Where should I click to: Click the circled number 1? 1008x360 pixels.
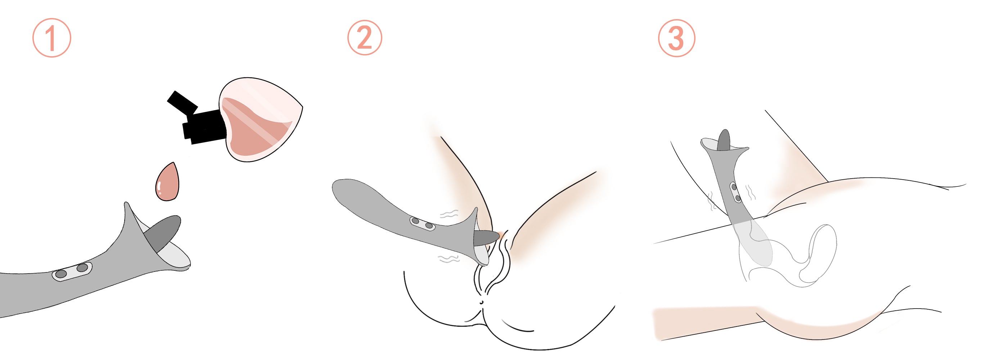[x=51, y=37]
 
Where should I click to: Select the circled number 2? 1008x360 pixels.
[x=365, y=37]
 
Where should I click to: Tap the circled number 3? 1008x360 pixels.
[x=676, y=38]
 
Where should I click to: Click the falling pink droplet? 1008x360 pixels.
[x=167, y=182]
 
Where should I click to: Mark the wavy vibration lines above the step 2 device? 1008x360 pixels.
[x=449, y=213]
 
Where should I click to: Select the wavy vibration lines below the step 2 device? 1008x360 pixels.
[x=449, y=258]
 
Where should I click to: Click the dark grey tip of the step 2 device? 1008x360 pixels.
[x=487, y=237]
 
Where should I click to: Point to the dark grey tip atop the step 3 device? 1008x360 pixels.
[x=724, y=140]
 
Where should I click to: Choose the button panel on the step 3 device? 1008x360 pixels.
[x=735, y=193]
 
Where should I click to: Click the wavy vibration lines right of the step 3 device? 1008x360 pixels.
[x=750, y=193]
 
